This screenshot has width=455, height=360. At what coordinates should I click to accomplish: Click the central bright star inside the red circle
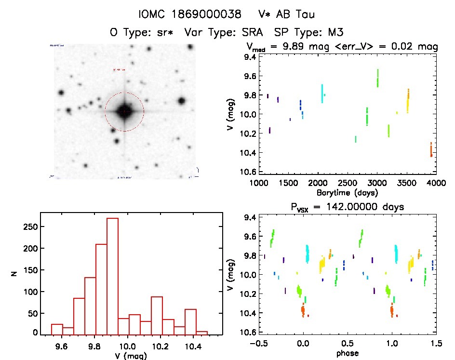[x=124, y=111]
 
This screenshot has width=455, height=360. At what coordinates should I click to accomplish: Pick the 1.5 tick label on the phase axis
[x=436, y=344]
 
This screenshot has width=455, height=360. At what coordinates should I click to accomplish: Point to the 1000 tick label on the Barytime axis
[x=259, y=183]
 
